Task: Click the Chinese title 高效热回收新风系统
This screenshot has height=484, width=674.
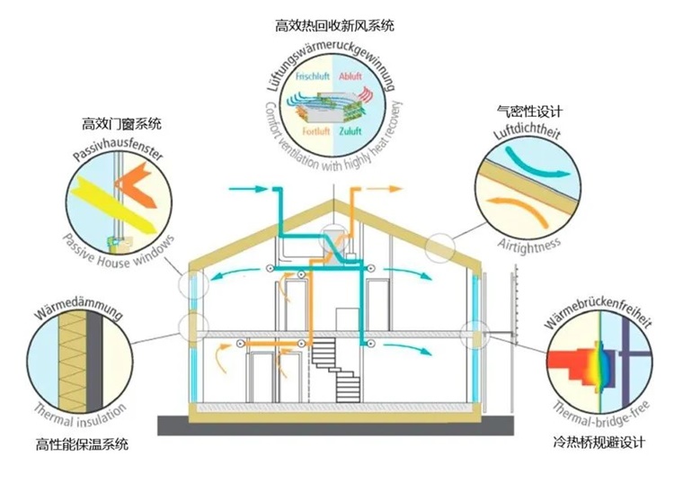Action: pos(334,26)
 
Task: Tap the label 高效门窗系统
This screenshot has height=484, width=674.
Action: pos(128,122)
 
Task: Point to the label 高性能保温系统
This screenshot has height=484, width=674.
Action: pos(82,444)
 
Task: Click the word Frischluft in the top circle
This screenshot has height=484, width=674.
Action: pos(313,78)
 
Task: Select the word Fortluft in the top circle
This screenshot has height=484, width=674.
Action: pos(312,131)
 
